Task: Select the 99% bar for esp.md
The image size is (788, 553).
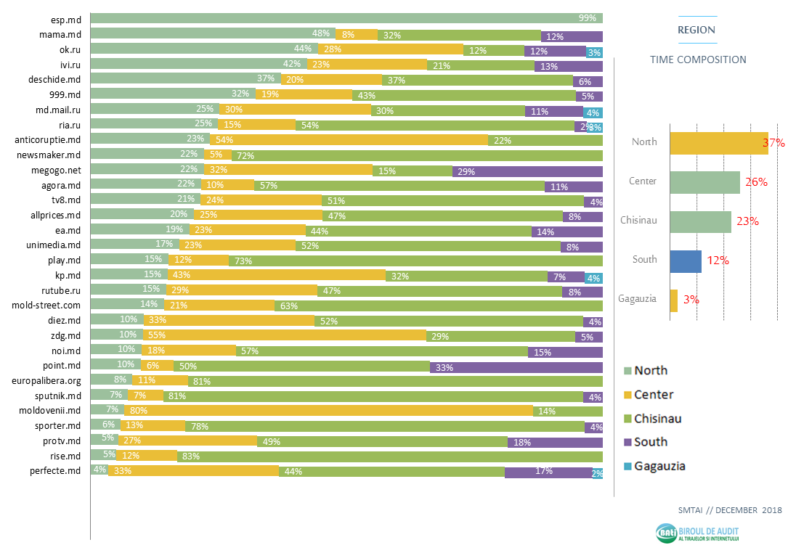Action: point(346,18)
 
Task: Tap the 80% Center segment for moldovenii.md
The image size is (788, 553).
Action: point(328,410)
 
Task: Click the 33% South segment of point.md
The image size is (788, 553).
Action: point(516,367)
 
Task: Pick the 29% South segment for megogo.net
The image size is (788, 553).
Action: point(527,171)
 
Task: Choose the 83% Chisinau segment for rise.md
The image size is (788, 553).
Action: point(389,456)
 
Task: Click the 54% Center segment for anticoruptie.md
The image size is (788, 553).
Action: point(349,140)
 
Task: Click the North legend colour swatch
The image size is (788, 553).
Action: point(628,371)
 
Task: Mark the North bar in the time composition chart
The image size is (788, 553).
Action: point(718,143)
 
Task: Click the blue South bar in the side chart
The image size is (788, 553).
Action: point(685,261)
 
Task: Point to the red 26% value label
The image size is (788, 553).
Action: point(756,182)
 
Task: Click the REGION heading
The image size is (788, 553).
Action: point(696,30)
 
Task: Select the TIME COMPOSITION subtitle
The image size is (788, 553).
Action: point(697,60)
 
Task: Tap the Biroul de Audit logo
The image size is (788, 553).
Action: point(696,533)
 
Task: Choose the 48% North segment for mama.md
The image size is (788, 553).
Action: point(213,34)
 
